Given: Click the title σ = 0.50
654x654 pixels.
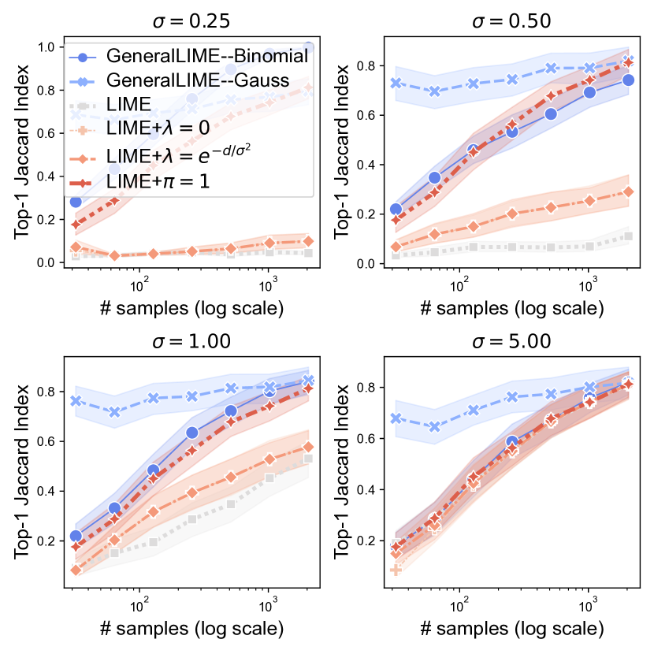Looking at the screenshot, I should [511, 19].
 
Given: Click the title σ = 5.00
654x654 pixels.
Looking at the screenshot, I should [511, 342].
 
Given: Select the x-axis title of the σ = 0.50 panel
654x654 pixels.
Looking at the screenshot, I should [511, 307].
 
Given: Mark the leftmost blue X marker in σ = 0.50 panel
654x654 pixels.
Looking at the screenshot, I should [396, 83].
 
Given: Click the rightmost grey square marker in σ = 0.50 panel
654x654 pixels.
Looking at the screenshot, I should [628, 236].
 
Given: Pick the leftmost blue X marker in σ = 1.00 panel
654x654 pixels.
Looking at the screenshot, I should [76, 400].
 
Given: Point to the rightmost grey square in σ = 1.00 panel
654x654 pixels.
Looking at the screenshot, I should [307, 458].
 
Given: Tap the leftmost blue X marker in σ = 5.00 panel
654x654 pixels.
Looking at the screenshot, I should [396, 418].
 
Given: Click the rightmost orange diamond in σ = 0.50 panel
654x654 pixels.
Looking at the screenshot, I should [628, 191].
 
